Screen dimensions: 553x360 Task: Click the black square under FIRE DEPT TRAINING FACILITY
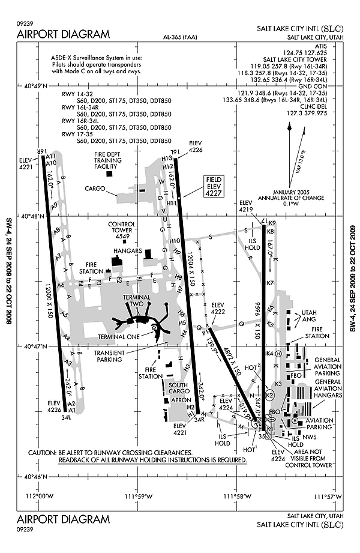[x=109, y=174]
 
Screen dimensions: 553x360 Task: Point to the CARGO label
[x=95, y=188]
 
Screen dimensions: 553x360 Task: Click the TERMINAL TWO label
[x=136, y=301]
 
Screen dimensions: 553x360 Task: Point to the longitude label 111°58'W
[x=237, y=496]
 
